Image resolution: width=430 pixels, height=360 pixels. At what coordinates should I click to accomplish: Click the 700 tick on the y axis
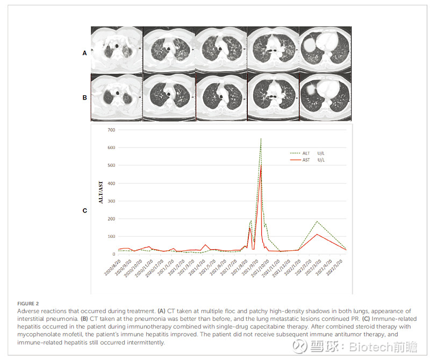point(111,130)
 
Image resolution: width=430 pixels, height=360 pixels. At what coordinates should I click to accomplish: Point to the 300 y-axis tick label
point(111,201)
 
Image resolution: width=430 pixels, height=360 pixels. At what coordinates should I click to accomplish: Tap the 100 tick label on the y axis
point(111,236)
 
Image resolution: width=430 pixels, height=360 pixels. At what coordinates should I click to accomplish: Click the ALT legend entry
point(307,153)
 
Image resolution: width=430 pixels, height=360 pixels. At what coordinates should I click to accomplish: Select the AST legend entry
point(307,160)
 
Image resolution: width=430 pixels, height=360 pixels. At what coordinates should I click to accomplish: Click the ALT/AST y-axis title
point(101,193)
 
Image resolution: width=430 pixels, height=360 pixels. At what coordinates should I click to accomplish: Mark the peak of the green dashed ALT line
point(261,138)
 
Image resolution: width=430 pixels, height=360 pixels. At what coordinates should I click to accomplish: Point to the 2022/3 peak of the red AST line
point(317,234)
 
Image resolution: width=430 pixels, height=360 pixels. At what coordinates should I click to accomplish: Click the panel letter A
point(84,53)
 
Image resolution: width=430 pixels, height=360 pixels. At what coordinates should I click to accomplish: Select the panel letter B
point(84,98)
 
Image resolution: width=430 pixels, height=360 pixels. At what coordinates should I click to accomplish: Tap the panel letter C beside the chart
point(84,210)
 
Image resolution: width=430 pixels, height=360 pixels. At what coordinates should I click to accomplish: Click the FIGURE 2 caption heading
point(28,304)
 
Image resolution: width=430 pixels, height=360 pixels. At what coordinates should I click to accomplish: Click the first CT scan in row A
point(116,50)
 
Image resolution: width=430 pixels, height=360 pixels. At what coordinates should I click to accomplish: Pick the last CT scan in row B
point(325,97)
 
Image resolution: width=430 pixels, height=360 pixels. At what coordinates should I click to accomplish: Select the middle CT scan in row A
point(220,50)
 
